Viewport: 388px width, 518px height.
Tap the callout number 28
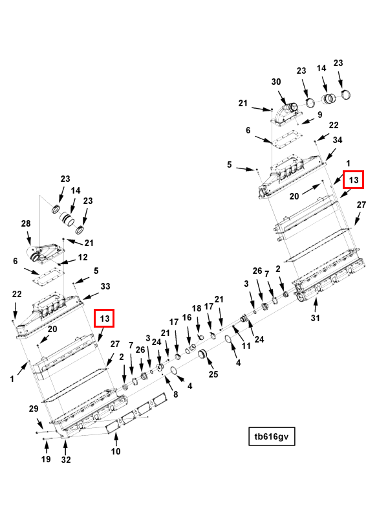(x=26, y=223)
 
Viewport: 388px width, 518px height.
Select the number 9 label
(x=319, y=115)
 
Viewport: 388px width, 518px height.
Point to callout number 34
(x=337, y=140)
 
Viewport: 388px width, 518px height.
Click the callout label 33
(x=105, y=286)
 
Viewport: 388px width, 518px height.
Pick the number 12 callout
(x=83, y=257)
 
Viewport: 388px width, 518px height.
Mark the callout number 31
(x=315, y=318)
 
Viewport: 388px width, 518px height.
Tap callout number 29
(x=34, y=409)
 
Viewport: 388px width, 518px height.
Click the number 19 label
(x=45, y=459)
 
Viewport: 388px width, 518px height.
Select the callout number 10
(x=115, y=451)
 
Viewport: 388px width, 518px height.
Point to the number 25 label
(x=213, y=374)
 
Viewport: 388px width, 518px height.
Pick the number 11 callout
(x=246, y=346)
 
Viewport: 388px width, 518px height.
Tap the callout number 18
(x=197, y=309)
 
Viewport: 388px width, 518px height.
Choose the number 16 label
(x=187, y=318)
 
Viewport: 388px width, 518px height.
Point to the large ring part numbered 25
(x=201, y=355)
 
